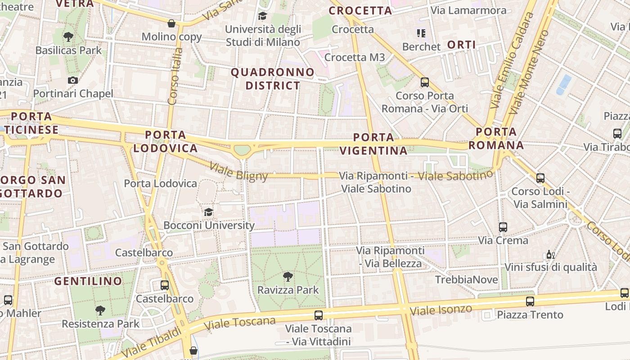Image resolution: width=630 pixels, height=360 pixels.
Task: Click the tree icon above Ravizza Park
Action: (x=288, y=277)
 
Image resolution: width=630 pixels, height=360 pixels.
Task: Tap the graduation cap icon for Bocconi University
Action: (x=208, y=211)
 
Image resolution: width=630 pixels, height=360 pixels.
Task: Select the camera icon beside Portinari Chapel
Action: (x=72, y=80)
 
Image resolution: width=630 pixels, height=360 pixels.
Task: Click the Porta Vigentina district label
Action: (x=373, y=144)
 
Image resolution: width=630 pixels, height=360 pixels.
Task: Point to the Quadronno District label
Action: (x=273, y=79)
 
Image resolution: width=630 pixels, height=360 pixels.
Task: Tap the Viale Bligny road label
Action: (x=238, y=172)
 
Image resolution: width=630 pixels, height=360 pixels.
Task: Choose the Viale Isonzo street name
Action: (x=441, y=310)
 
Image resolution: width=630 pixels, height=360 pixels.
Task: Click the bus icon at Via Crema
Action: (x=503, y=227)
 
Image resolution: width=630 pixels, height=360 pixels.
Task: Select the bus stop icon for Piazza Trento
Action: (x=530, y=301)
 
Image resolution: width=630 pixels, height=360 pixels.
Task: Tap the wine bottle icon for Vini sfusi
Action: (x=549, y=255)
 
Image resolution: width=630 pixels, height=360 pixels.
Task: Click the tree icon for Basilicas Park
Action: (x=68, y=36)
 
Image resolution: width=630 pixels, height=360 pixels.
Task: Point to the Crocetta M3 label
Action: (x=355, y=57)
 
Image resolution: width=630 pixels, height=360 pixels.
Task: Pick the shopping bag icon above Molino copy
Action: (x=171, y=23)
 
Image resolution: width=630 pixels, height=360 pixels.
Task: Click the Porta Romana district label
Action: (x=496, y=139)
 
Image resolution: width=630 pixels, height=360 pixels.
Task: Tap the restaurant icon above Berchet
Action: (x=421, y=33)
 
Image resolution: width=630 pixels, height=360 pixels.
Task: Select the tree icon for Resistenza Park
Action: (x=100, y=310)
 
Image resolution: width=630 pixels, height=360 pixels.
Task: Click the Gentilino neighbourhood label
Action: (x=88, y=281)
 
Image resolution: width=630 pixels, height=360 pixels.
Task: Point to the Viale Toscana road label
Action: (x=239, y=323)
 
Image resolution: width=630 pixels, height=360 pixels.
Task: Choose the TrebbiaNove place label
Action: (x=466, y=279)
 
